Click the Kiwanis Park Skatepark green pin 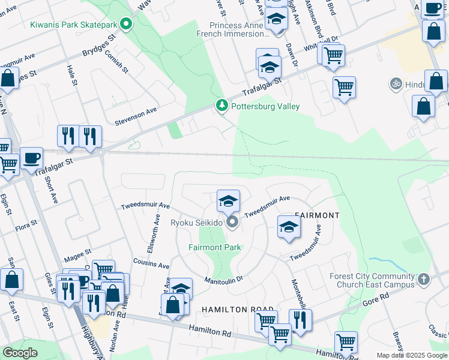pos(126,25)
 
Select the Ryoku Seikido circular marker pos(233,223)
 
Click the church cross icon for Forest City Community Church pos(424,280)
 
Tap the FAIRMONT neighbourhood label pos(317,215)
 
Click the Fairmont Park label pos(214,247)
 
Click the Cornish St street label pos(117,61)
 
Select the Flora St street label pos(26,226)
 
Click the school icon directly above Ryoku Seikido pos(228,201)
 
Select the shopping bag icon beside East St pos(11,280)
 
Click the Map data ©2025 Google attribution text pos(411,355)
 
